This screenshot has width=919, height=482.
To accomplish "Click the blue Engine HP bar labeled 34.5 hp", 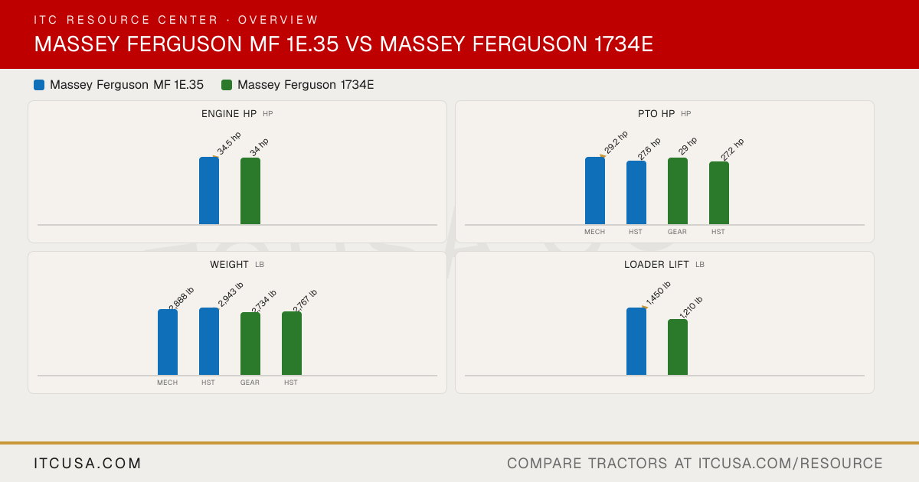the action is [x=209, y=191].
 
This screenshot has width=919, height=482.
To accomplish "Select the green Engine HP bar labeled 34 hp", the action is [x=250, y=191].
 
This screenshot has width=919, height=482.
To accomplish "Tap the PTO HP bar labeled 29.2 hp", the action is [x=595, y=191].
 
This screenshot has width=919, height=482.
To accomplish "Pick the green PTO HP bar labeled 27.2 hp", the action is [x=719, y=193].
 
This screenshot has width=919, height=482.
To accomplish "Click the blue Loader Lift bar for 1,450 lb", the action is [x=636, y=341].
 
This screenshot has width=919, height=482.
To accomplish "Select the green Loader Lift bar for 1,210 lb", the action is [x=678, y=347].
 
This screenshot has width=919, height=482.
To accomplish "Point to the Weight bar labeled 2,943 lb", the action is [x=209, y=341].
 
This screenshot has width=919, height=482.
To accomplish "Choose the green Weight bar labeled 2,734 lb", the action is [x=250, y=344].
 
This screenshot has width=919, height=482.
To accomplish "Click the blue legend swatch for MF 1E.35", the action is [x=39, y=85].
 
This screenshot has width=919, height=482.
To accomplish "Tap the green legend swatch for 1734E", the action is [x=227, y=85].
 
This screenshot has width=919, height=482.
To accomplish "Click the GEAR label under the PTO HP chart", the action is [x=677, y=232].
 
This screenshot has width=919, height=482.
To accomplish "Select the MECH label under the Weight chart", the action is [x=168, y=383].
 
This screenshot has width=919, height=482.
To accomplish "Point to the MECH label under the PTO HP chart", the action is [x=594, y=232].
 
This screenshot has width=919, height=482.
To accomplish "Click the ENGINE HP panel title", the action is [x=229, y=114].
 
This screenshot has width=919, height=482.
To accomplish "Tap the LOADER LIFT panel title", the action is [x=656, y=265].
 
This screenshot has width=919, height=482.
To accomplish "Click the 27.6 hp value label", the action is [x=649, y=148].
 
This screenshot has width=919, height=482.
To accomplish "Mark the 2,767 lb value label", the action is [x=305, y=301].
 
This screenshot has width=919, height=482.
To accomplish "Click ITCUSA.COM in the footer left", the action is [x=87, y=463].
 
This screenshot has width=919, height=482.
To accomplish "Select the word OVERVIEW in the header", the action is [x=278, y=20].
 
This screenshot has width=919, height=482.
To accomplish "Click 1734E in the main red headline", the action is [x=623, y=44].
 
